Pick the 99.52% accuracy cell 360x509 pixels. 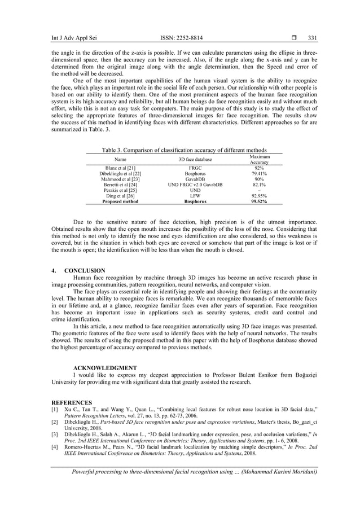coord(259,201)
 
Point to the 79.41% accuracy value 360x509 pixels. coord(259,174)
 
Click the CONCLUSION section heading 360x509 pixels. coord(85,271)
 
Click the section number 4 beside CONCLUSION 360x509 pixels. coord(53,271)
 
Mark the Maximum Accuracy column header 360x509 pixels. coord(259,159)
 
